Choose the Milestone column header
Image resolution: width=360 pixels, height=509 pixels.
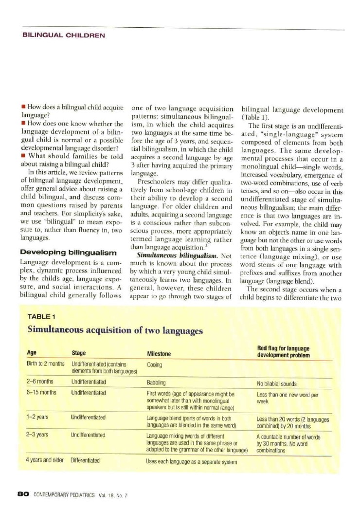pos(159,354)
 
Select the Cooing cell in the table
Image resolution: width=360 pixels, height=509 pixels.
pos(154,364)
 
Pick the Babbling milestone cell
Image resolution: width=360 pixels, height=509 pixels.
pos(156,382)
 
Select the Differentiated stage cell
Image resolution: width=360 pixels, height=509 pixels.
pos(85,459)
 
